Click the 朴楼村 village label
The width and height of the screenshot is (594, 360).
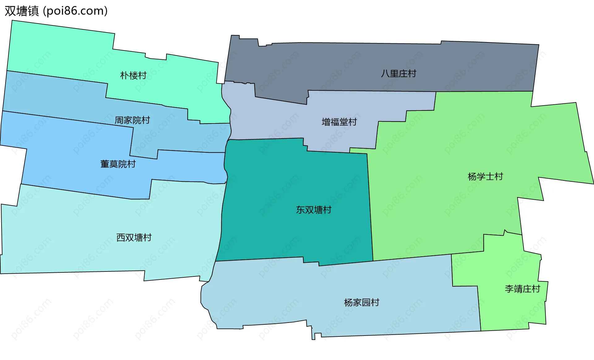click(133, 75)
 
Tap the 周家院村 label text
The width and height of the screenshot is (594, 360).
click(132, 120)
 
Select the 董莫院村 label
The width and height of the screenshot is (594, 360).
click(118, 164)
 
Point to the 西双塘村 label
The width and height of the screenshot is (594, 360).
click(134, 237)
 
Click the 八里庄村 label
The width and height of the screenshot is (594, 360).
click(398, 73)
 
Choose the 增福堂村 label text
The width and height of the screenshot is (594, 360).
click(339, 122)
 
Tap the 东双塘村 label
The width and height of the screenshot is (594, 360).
click(313, 210)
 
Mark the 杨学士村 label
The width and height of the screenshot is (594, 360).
click(485, 176)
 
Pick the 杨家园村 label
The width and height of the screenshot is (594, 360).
click(361, 302)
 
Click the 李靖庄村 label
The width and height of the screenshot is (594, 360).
click(522, 289)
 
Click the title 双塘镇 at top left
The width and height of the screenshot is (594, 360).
click(22, 11)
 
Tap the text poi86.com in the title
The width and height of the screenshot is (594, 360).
click(75, 11)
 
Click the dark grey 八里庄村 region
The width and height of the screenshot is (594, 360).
click(340, 65)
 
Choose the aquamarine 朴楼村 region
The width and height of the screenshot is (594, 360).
click(62, 50)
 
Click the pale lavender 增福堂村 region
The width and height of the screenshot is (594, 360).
click(278, 121)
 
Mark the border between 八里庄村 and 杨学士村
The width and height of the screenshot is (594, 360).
click(483, 92)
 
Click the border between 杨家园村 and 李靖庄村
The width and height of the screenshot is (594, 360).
click(479, 310)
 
